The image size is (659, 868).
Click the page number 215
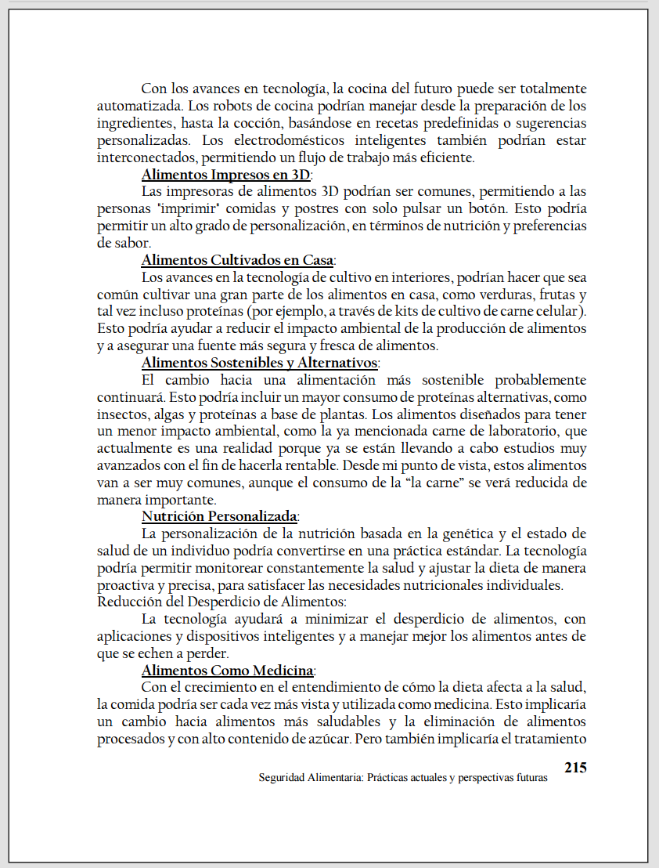point(574,767)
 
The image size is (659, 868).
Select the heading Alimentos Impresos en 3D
point(225,175)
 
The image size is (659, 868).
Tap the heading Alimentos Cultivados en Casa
point(238,260)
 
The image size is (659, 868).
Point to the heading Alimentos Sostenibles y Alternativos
point(260,363)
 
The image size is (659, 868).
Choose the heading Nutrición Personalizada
point(219,516)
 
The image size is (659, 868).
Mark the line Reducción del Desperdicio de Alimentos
point(221,602)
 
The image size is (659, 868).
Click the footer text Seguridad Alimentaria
point(310,779)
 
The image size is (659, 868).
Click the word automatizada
point(137,106)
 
